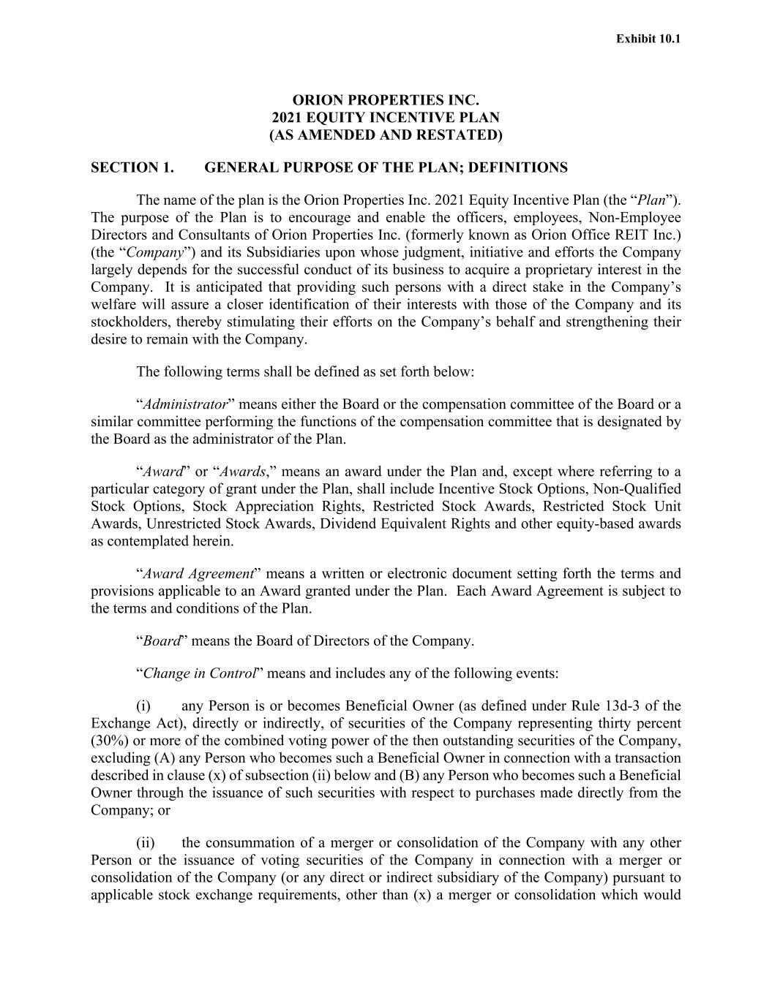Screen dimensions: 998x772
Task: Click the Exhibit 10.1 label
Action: (648, 38)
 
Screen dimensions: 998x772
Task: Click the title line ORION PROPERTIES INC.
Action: (386, 99)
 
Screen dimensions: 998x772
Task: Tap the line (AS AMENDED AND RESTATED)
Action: (386, 135)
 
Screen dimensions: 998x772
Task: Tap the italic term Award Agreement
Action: (198, 574)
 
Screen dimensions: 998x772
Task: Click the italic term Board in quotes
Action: (162, 641)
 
